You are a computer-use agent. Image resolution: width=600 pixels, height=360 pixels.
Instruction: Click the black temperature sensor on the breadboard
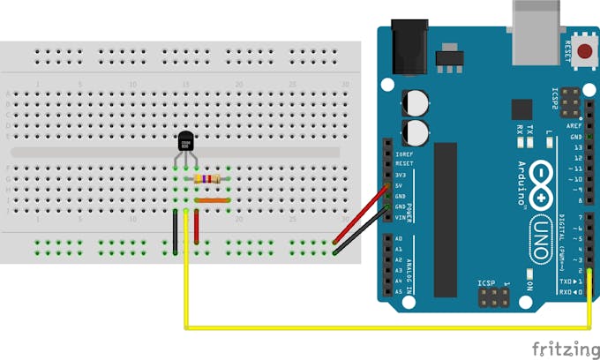[x=186, y=140]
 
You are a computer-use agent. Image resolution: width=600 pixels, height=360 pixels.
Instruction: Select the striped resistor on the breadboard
[x=207, y=179]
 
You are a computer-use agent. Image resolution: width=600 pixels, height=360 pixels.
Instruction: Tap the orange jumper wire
[x=212, y=200]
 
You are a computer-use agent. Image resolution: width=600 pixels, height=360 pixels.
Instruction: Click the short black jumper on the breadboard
[x=176, y=231]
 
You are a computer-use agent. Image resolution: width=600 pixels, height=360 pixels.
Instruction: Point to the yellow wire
[x=388, y=328]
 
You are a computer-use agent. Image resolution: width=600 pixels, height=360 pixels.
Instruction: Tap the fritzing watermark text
[x=560, y=348]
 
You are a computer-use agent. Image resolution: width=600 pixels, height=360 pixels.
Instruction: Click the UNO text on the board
[x=539, y=234]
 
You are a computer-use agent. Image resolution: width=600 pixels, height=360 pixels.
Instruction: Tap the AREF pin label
[x=574, y=128]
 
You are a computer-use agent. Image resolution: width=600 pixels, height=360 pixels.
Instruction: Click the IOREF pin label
[x=404, y=154]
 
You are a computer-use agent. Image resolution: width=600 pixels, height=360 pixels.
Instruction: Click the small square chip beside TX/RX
[x=521, y=109]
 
